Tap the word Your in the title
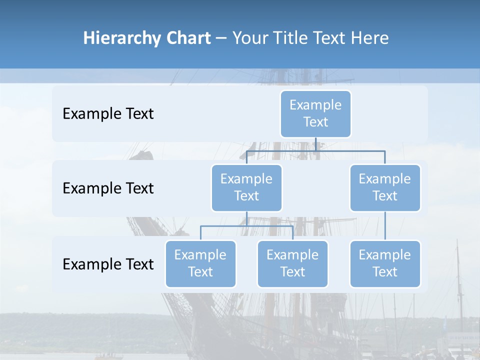[250, 38]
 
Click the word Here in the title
[369, 38]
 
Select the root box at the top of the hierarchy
[315, 113]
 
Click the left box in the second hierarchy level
[246, 187]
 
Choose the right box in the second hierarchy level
[385, 187]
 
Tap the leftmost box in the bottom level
[200, 263]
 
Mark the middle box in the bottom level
[292, 263]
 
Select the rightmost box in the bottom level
[385, 263]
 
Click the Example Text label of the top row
[108, 114]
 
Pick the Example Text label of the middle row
[108, 188]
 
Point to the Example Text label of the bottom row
[108, 264]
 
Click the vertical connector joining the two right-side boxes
[385, 225]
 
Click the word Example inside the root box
[315, 105]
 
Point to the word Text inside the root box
[315, 122]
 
